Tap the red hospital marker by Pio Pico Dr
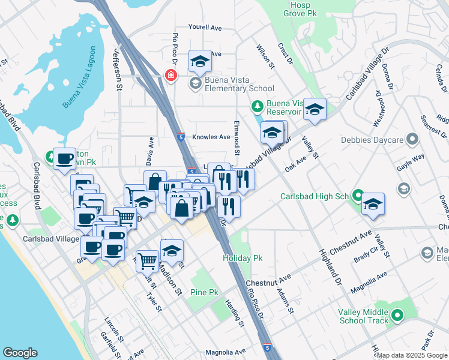click(x=170, y=75)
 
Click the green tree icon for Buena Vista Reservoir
click(x=258, y=107)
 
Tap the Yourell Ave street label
click(x=205, y=28)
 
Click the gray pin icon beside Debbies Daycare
click(x=412, y=140)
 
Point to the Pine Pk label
click(x=204, y=292)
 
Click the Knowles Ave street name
click(x=211, y=137)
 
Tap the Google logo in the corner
click(x=20, y=353)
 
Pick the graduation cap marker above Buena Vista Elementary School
click(x=200, y=61)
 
